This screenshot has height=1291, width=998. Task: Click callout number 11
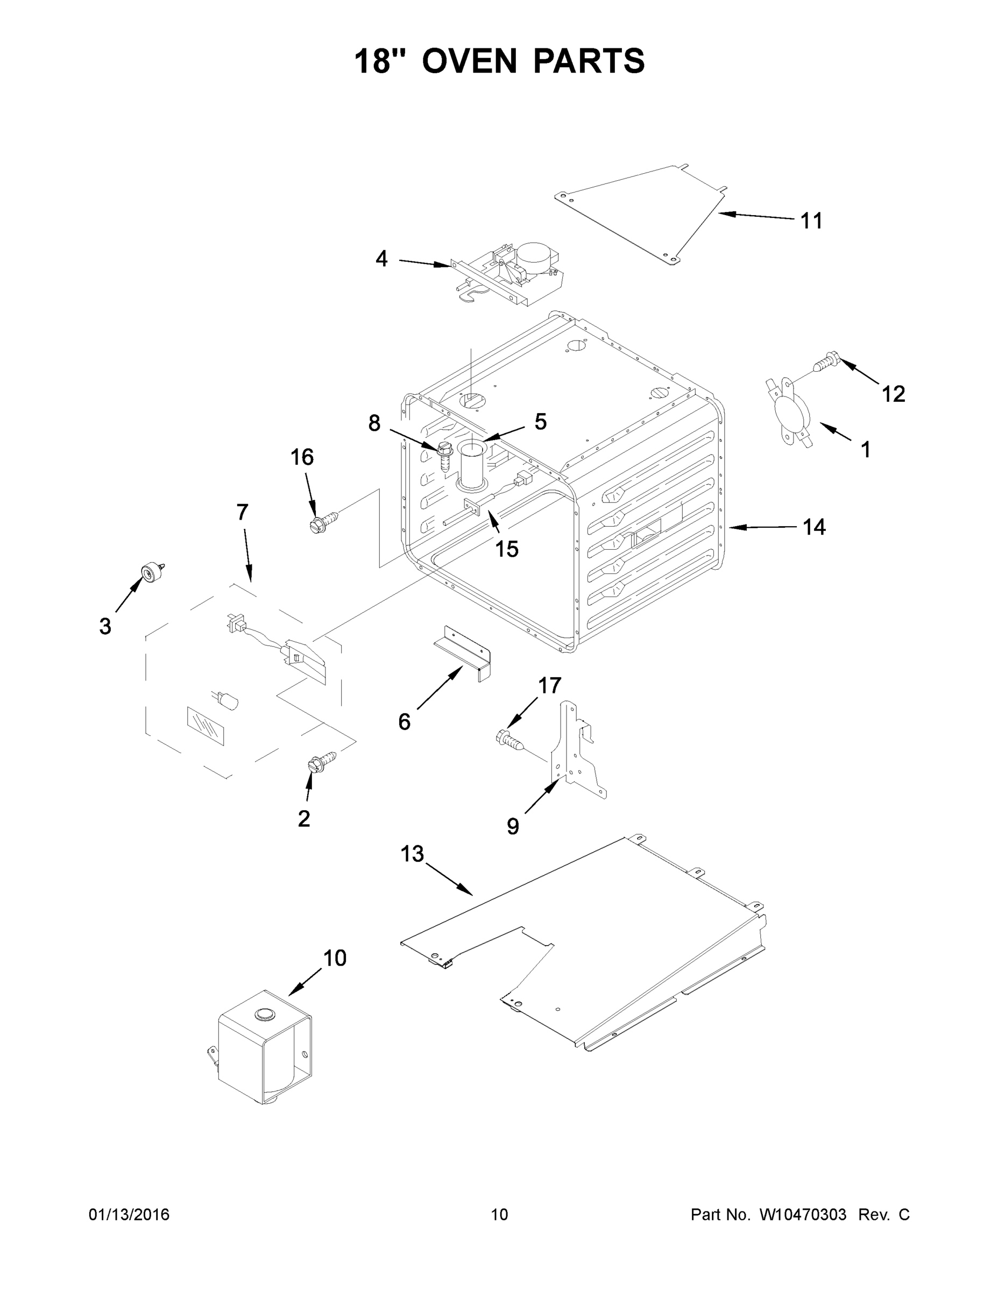[811, 221]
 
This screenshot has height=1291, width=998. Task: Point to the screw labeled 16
[324, 521]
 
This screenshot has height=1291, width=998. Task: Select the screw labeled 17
[509, 740]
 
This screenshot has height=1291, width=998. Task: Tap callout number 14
[813, 527]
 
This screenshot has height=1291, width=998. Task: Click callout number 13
[412, 854]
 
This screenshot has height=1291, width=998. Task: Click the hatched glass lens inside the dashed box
[206, 726]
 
